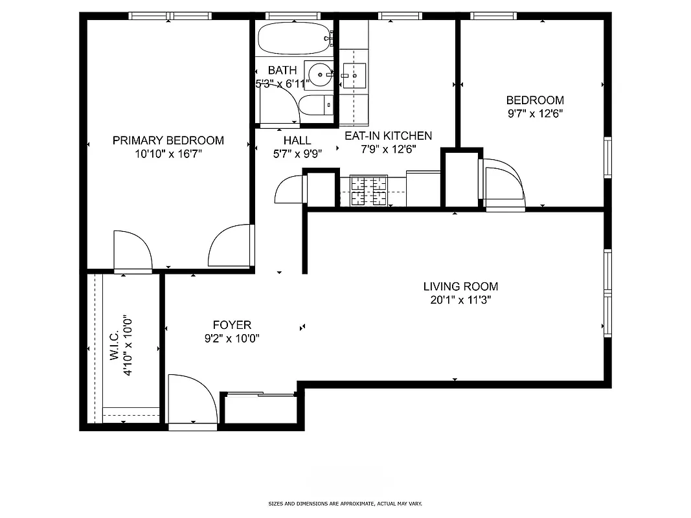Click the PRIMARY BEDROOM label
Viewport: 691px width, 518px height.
coord(168,141)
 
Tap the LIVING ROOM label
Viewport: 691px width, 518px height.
coord(460,286)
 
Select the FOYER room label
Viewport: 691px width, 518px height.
coord(232,325)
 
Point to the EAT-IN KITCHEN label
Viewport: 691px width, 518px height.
coord(388,136)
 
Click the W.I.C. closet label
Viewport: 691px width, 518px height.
coord(114,347)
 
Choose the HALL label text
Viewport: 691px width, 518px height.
coord(297,141)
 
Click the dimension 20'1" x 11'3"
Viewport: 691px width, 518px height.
coord(460,300)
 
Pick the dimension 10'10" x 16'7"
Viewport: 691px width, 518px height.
coord(168,154)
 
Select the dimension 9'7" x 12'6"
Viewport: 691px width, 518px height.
coord(534,113)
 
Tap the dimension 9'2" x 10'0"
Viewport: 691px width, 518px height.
coord(232,338)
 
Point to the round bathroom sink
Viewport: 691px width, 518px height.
coord(318,76)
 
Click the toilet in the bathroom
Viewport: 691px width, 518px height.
coord(314,106)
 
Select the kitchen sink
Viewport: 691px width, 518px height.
coord(354,76)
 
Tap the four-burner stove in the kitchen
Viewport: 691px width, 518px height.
coord(368,191)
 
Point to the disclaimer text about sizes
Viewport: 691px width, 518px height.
coord(345,503)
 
